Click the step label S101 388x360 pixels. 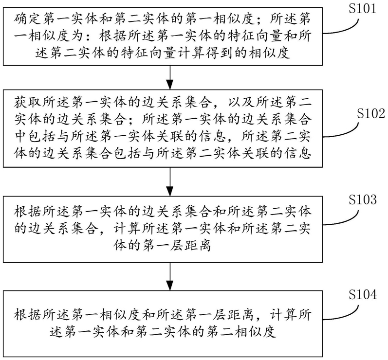(x=362, y=9)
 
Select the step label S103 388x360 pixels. (x=363, y=200)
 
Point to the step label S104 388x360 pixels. (x=363, y=294)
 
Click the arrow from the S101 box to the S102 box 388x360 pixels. (x=170, y=77)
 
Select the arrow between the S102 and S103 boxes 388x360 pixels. (x=170, y=182)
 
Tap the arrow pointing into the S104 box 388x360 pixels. (x=170, y=276)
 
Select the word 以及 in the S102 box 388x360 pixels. (x=240, y=102)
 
